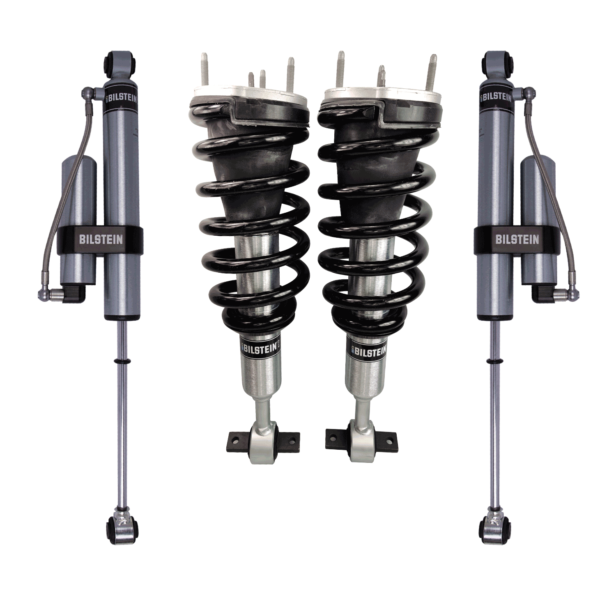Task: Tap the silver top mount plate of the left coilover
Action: (251, 97)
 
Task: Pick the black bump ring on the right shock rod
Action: (494, 361)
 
